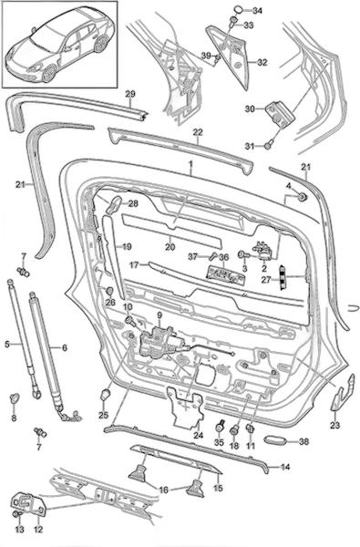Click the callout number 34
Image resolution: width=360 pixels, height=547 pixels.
point(257,11)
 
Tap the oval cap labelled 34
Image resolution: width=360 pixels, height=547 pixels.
point(238,9)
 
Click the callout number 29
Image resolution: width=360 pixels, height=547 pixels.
point(130,94)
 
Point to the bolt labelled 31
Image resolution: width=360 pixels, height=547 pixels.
point(268,144)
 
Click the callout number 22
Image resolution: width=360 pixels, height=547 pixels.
point(198,132)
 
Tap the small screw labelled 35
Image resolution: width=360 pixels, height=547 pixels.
point(220,426)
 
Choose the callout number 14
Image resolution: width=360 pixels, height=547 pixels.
point(285,467)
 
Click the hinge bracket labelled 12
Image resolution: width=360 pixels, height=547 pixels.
point(30,504)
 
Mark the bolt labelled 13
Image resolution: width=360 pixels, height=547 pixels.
point(15,514)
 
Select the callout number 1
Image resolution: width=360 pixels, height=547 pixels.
point(190,163)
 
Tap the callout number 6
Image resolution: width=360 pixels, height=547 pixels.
point(65,348)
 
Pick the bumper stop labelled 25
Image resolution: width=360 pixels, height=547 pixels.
point(105,395)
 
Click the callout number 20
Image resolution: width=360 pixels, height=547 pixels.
point(170,247)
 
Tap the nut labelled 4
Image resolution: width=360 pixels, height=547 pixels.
point(302,197)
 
